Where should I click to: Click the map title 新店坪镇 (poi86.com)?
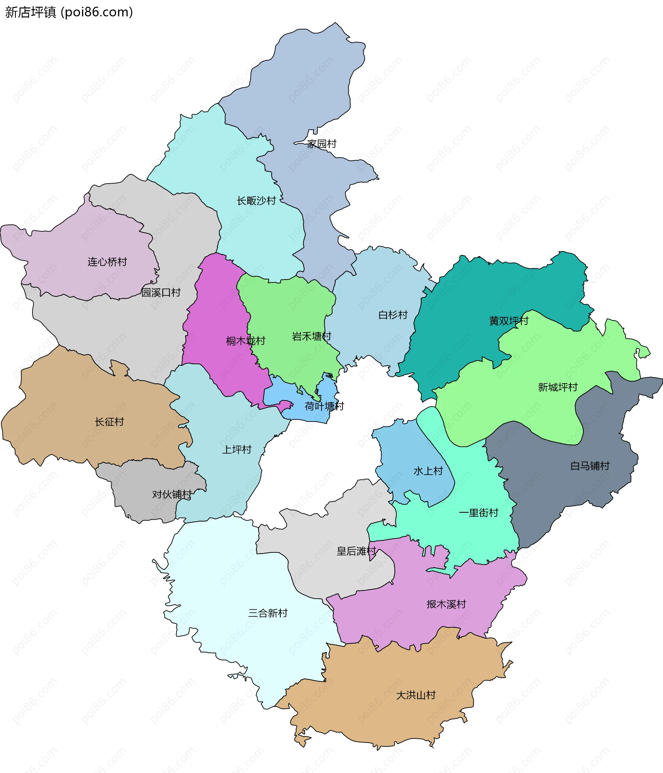tap(69, 12)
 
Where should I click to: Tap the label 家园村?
tap(321, 144)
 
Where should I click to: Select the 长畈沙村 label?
tap(256, 201)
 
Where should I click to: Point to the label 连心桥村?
tap(107, 262)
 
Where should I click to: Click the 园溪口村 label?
tap(161, 292)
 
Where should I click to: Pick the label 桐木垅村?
tap(246, 341)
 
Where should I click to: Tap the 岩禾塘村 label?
tap(311, 337)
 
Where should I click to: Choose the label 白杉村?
tap(393, 315)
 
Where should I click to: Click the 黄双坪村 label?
tap(509, 321)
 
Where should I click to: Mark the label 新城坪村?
tap(557, 387)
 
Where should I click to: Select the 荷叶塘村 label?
tap(324, 406)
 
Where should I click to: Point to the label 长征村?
tap(109, 422)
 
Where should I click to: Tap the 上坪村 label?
tap(237, 450)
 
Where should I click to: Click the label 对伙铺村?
tap(172, 495)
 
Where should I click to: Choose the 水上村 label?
tap(428, 471)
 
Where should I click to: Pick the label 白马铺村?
tap(589, 466)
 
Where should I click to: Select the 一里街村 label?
tap(478, 513)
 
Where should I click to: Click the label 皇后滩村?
tap(356, 551)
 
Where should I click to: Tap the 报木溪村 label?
tap(446, 605)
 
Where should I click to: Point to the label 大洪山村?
tap(416, 695)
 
